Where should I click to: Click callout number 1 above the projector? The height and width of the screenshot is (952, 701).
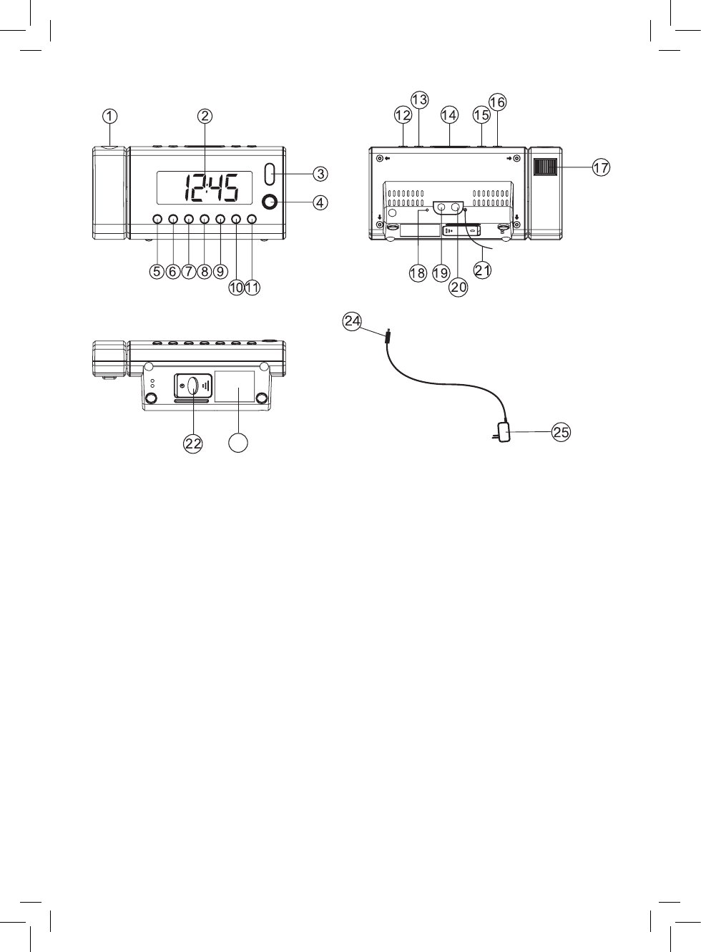(x=109, y=116)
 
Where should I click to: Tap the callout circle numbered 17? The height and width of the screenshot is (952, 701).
(x=601, y=167)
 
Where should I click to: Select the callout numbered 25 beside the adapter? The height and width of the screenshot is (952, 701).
(x=561, y=432)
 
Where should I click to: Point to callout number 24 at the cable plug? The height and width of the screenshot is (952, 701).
(x=352, y=321)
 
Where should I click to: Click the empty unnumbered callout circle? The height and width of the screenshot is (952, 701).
(x=238, y=443)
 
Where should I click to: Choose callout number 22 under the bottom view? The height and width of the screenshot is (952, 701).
(x=193, y=443)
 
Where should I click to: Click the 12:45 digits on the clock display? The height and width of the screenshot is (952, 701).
(x=211, y=188)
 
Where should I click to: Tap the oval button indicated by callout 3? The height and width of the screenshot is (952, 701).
(x=270, y=174)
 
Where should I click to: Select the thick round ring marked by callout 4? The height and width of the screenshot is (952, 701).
(x=270, y=202)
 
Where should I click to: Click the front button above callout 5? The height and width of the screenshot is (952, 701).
(x=157, y=219)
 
